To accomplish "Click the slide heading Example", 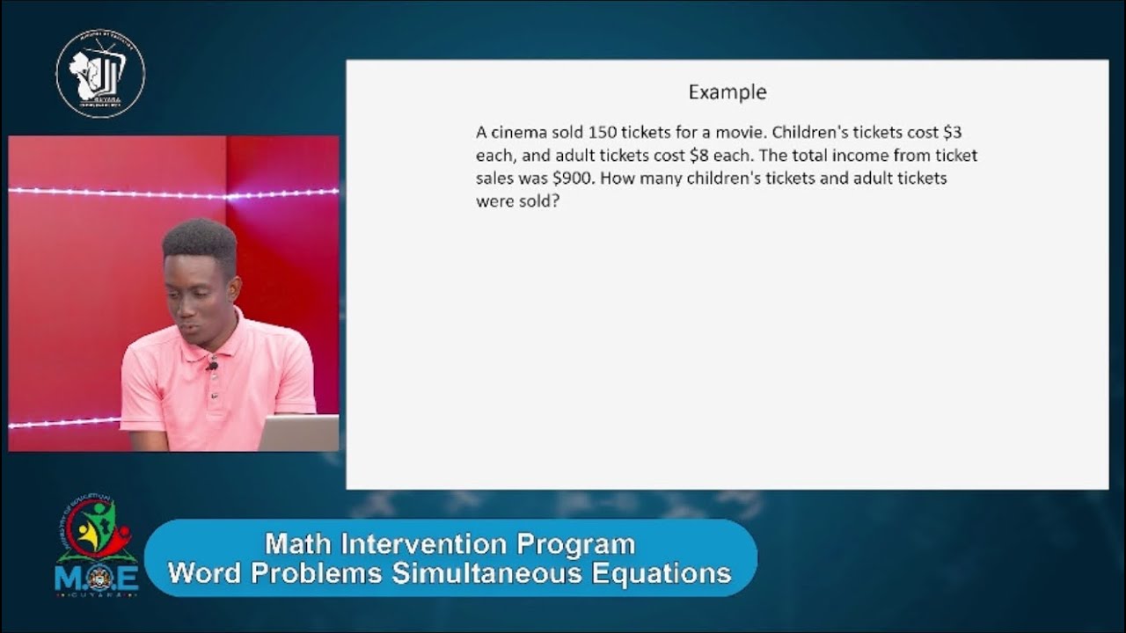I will pyautogui.click(x=727, y=92).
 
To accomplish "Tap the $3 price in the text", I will pyautogui.click(x=952, y=133).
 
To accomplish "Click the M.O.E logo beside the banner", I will pyautogui.click(x=96, y=545).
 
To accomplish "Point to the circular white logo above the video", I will pyautogui.click(x=100, y=74).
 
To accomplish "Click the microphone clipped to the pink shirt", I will pyautogui.click(x=212, y=366).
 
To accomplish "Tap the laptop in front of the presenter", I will pyautogui.click(x=299, y=433).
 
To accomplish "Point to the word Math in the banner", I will pyautogui.click(x=297, y=544).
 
